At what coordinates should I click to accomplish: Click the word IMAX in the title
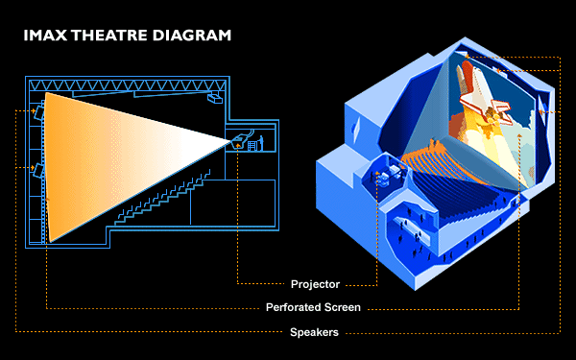tap(46, 36)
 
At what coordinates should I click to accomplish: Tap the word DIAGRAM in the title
tap(192, 36)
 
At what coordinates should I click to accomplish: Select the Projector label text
tap(315, 284)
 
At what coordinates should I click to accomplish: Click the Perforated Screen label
tap(313, 307)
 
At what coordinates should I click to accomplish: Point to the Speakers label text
tap(314, 332)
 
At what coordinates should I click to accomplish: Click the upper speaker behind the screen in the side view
tap(39, 112)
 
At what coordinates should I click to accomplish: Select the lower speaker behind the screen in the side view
tap(38, 171)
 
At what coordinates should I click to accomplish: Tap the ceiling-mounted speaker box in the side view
tap(215, 98)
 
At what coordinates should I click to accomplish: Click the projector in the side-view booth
tap(239, 141)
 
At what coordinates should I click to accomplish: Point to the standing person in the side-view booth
tap(261, 143)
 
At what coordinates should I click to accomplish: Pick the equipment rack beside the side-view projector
tap(252, 146)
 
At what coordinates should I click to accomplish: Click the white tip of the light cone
tap(228, 141)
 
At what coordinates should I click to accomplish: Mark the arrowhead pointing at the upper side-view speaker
tap(34, 110)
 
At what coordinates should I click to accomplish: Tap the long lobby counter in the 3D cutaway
tap(412, 230)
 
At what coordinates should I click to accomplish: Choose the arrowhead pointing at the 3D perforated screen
tap(519, 136)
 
